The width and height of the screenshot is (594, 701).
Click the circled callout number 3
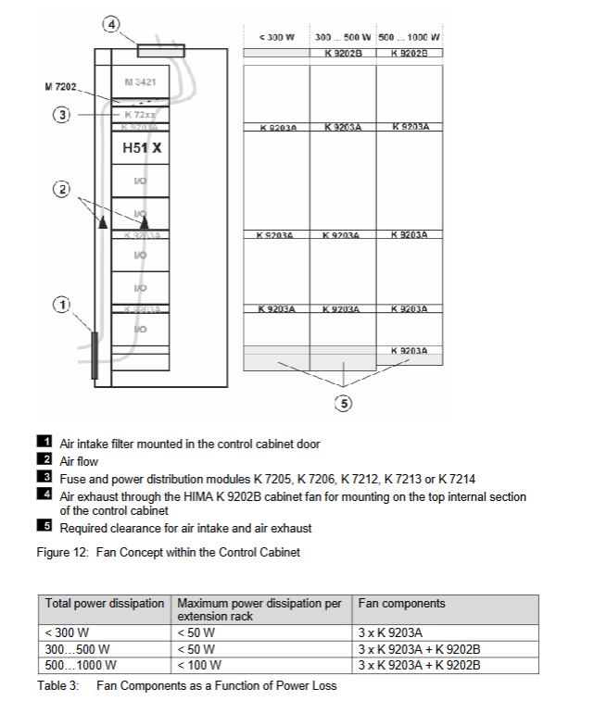coord(62,115)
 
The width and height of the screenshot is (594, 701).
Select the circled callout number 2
coord(62,190)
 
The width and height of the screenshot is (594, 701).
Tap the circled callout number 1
coord(62,304)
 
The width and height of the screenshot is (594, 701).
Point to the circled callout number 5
coord(344,403)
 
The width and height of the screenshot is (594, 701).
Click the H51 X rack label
coord(142,147)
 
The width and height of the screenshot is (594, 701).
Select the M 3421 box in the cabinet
coord(140,83)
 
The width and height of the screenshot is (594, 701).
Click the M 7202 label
coord(61,87)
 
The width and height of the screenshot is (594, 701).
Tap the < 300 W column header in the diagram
coord(276,37)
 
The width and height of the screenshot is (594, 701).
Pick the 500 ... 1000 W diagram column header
coord(410,37)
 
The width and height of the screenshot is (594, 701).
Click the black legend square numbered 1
coord(44,444)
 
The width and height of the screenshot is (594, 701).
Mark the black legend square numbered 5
coord(44,528)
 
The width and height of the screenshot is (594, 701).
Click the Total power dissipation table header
coord(105,604)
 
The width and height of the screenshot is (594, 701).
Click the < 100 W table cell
coord(199,664)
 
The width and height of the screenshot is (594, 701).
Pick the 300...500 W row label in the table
coord(78,649)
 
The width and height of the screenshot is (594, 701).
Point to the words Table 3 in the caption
coord(59,685)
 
